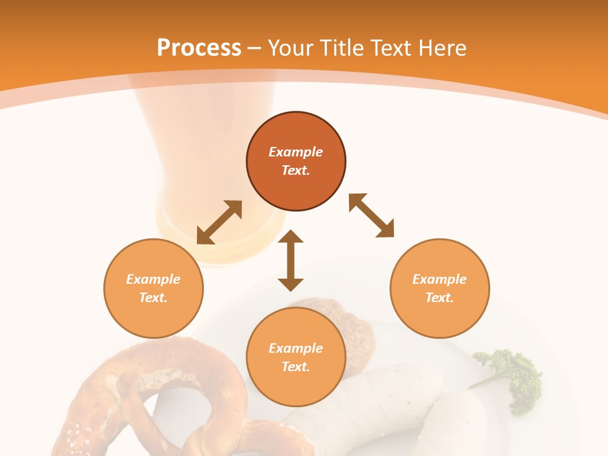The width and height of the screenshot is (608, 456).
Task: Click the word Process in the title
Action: (x=199, y=48)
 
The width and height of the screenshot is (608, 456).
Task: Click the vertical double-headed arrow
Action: (x=291, y=261)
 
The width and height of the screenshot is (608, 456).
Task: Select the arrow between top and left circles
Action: (x=219, y=222)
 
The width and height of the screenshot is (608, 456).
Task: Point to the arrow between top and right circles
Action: (x=371, y=216)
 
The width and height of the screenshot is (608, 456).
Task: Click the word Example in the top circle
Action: (x=296, y=152)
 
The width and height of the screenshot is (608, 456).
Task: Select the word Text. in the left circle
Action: (x=153, y=298)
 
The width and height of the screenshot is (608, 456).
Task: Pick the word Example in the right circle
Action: (x=440, y=279)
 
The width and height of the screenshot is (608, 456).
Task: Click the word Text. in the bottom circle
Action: (x=296, y=367)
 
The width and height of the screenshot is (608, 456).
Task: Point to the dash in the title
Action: (x=254, y=48)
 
